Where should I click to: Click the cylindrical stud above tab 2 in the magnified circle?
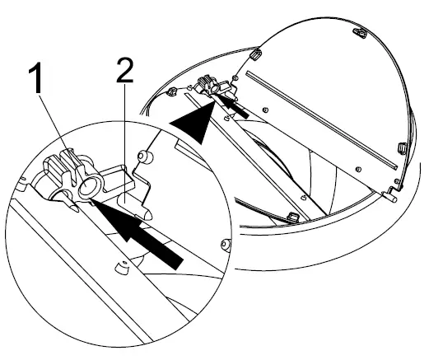tap(145, 156)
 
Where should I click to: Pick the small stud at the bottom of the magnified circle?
tap(121, 268)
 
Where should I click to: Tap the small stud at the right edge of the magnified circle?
tap(225, 242)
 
